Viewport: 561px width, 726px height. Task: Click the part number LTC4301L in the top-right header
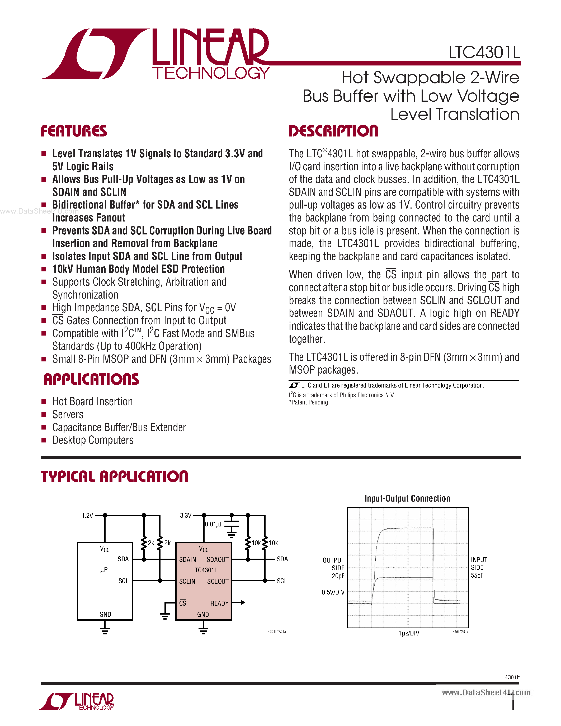[x=484, y=53]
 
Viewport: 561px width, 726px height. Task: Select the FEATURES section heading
[x=74, y=131]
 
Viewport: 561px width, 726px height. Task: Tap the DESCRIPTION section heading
[x=333, y=131]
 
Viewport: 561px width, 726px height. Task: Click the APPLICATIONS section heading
[x=91, y=380]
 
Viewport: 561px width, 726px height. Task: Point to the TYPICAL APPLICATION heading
[x=115, y=476]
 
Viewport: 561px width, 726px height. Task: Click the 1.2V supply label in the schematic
[x=87, y=516]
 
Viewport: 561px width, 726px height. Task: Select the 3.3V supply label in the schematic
[x=185, y=516]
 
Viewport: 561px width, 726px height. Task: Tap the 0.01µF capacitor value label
[x=214, y=524]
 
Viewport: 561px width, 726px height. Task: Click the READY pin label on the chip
[x=219, y=603]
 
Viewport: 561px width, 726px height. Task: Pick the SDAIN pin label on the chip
[x=187, y=559]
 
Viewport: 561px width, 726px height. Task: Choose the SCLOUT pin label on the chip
[x=218, y=581]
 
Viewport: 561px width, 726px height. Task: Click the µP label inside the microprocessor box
[x=104, y=570]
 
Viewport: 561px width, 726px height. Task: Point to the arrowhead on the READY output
[x=243, y=603]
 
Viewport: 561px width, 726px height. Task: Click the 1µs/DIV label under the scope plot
[x=409, y=633]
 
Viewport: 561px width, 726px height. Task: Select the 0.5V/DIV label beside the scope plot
[x=333, y=592]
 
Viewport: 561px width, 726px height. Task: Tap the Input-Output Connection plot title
[x=407, y=498]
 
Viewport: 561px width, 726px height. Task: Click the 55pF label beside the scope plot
[x=477, y=576]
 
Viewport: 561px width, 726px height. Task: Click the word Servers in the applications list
[x=68, y=414]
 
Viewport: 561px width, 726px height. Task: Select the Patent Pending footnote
[x=309, y=402]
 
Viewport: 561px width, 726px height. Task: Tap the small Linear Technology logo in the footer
[x=77, y=701]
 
